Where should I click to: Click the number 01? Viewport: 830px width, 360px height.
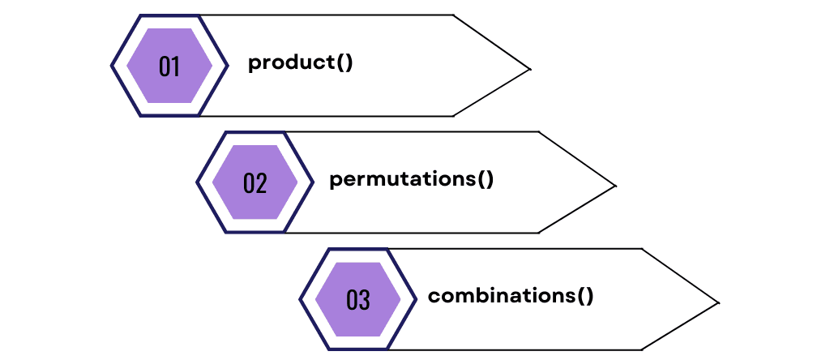point(169,66)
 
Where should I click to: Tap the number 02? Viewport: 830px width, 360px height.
point(255,183)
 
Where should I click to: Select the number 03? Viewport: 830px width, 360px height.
point(357,300)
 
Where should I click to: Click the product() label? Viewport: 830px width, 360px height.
point(301,63)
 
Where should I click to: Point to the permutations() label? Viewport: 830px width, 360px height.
point(412,179)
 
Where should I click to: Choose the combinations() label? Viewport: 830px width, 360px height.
point(511,296)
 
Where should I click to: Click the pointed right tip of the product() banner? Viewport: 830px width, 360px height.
point(529,69)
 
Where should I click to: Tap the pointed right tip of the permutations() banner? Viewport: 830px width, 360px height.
point(615,186)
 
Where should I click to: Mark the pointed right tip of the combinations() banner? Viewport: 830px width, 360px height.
point(718,303)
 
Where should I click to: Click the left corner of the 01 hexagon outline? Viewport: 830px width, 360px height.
point(112,66)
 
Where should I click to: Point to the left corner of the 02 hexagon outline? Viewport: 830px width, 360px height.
point(198,182)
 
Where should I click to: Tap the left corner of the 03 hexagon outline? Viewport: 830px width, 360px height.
point(301,299)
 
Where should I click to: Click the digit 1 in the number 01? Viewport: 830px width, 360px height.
point(176,66)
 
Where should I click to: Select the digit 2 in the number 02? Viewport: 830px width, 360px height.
point(261,183)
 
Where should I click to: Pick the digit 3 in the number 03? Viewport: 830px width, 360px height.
point(364,300)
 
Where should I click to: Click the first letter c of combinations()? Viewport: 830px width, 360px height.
point(434,297)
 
